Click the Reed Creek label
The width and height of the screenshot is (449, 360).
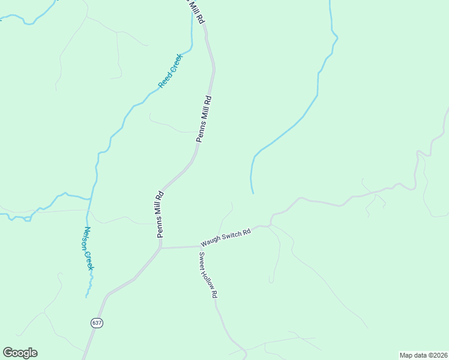click(x=170, y=71)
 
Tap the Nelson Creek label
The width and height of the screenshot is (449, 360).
click(x=88, y=248)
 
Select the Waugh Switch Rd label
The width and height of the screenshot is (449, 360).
click(x=225, y=237)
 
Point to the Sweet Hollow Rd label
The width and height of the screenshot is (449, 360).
click(x=208, y=275)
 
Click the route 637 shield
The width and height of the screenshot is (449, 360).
click(x=97, y=323)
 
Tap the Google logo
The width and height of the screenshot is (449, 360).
click(x=20, y=353)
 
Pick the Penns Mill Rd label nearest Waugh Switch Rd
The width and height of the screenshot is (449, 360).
click(x=160, y=214)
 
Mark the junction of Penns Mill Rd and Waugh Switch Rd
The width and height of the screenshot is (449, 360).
click(x=161, y=247)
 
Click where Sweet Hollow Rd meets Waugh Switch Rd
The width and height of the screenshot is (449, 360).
click(x=200, y=246)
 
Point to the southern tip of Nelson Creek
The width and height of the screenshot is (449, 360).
click(x=87, y=296)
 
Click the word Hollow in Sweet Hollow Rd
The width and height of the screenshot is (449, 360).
click(x=208, y=277)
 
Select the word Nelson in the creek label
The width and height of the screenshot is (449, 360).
click(x=86, y=238)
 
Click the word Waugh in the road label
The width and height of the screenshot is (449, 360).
click(x=211, y=241)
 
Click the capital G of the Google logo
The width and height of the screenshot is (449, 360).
click(x=8, y=352)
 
